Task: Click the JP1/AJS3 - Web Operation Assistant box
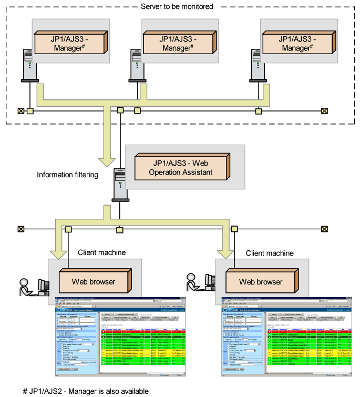point(178,167)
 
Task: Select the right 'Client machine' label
point(270,253)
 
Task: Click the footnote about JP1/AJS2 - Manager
point(86,391)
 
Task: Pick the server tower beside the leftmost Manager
point(29,65)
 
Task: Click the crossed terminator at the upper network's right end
point(324,111)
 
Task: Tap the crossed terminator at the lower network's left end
point(21,229)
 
